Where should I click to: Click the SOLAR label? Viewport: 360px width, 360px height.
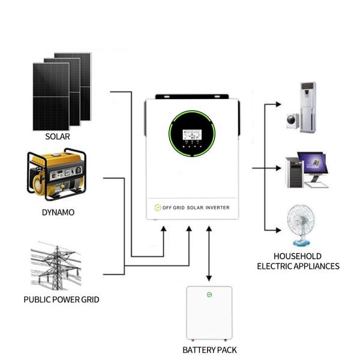pos(58,137)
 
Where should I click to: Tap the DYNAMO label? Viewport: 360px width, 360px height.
pos(58,212)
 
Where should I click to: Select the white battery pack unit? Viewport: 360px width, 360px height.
pos(209,313)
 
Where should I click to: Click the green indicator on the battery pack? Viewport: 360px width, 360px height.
pos(209,295)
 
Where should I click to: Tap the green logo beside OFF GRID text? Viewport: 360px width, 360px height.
pos(158,208)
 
